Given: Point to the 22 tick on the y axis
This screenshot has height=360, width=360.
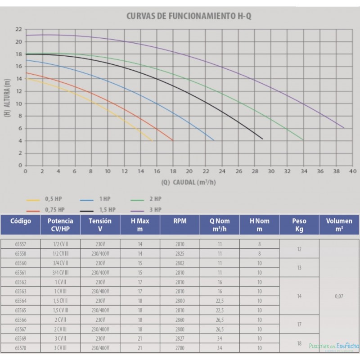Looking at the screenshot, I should (x=18, y=29).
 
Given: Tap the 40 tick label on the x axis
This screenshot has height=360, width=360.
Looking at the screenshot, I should (x=352, y=171).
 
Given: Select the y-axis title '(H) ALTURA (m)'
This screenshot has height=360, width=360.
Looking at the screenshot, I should (x=7, y=97).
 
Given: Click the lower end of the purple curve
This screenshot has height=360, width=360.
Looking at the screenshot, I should (x=344, y=128).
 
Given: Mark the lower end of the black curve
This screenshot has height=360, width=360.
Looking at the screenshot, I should (x=262, y=139).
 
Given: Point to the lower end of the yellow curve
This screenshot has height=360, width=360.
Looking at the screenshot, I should (x=153, y=141).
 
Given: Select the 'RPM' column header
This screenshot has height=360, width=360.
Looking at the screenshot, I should (x=180, y=221).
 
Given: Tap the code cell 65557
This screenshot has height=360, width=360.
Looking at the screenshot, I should (x=22, y=243).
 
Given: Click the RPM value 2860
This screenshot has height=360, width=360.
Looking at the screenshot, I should (x=180, y=320).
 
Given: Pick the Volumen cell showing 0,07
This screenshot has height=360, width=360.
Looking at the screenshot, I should (x=339, y=297).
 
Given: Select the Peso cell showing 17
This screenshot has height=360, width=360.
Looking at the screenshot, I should (x=299, y=324).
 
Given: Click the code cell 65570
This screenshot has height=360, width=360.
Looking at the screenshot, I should (x=22, y=348).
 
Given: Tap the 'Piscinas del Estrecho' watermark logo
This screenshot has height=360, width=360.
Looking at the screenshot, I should (x=333, y=346).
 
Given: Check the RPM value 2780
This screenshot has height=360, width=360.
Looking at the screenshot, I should (x=180, y=348).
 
